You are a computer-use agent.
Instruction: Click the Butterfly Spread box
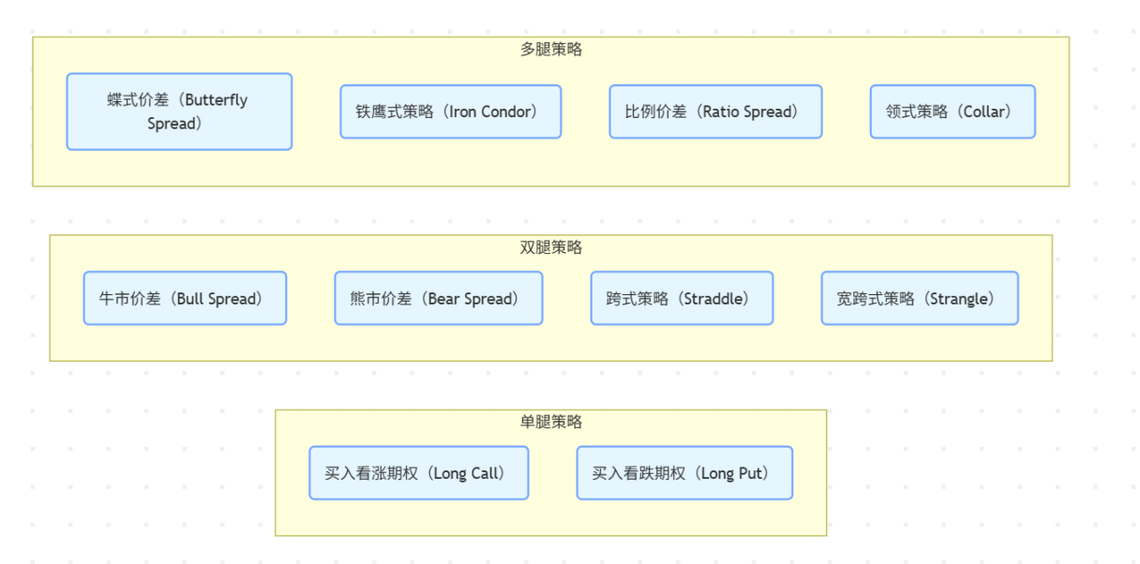tap(179, 111)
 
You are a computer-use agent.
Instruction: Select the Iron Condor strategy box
tap(450, 111)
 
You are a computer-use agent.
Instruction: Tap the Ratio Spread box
tap(715, 111)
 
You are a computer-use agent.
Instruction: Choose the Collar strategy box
tap(952, 111)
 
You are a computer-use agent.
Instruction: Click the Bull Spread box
tap(185, 298)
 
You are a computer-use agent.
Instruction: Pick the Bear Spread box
tap(438, 298)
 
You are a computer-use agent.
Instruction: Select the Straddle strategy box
tap(682, 298)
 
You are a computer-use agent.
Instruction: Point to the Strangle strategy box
tap(920, 298)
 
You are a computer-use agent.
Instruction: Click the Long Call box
tap(419, 473)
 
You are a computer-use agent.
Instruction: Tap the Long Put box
tap(684, 473)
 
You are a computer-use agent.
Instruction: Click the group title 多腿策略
tap(551, 50)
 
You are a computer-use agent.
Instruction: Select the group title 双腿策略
tap(551, 247)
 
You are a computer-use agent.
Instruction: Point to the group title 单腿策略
tap(551, 423)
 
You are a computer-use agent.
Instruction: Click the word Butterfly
tap(217, 100)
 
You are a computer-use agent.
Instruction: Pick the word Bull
tap(189, 299)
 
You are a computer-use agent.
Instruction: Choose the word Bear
tap(443, 299)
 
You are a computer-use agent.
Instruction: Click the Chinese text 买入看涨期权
tap(371, 473)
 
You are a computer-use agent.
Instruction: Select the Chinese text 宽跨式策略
tap(876, 299)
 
